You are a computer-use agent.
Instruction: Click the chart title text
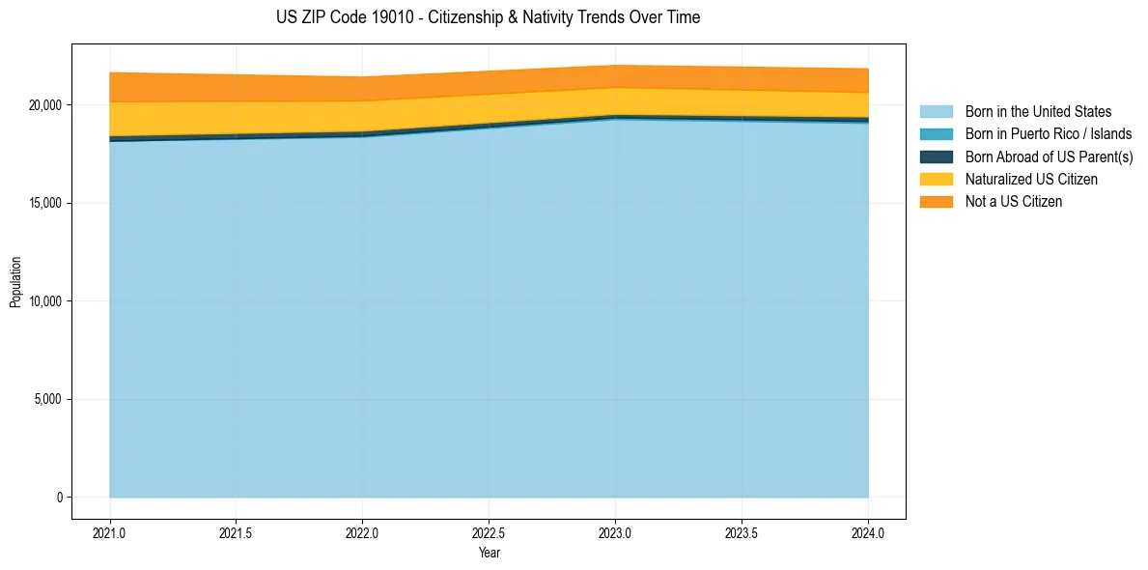tap(488, 17)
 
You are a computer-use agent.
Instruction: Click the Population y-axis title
tap(15, 281)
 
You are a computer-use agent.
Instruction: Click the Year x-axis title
tap(489, 553)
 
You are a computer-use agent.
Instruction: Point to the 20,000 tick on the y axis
tap(46, 104)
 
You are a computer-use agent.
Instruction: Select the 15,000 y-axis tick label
tap(46, 203)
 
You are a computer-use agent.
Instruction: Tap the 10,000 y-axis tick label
tap(46, 301)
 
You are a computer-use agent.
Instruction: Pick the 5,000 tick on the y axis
tap(49, 399)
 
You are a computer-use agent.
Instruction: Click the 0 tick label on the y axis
tap(59, 498)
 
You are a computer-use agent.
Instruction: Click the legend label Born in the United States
tap(1038, 112)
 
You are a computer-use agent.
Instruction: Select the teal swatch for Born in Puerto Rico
tap(936, 134)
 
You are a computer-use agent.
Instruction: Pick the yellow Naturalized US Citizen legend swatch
tap(936, 179)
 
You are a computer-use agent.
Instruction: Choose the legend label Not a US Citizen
tap(1013, 202)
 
